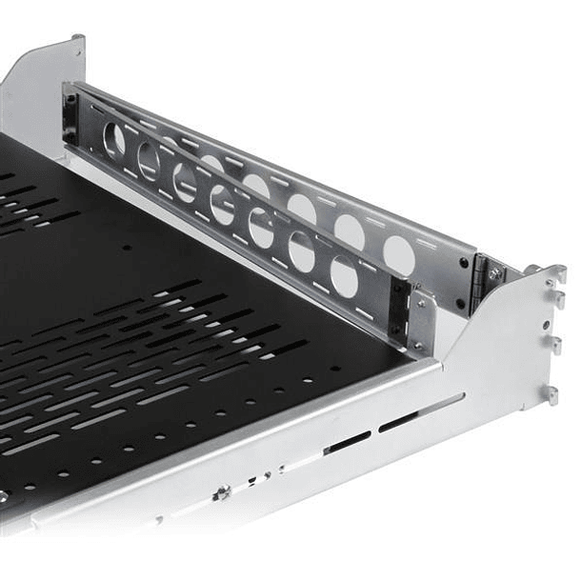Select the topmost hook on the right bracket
558,275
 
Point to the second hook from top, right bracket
558,299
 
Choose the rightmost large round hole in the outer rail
399,254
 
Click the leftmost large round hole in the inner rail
114,140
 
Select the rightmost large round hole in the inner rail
344,276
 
